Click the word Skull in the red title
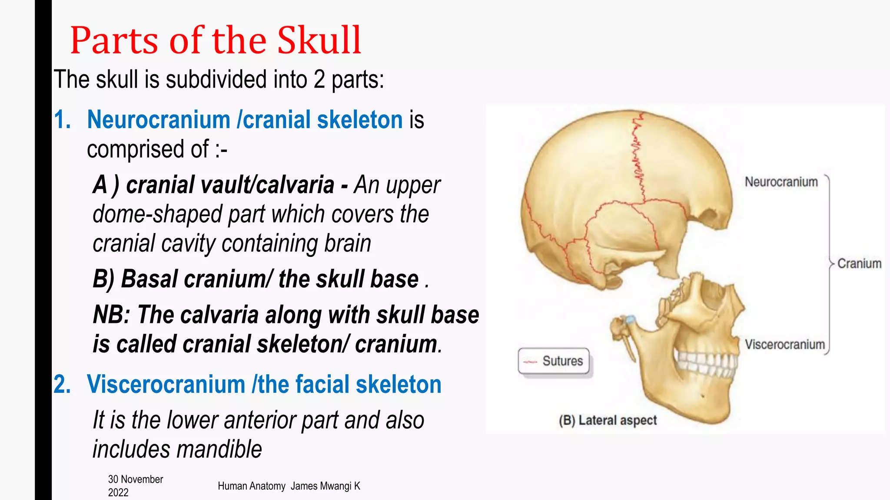tap(319, 40)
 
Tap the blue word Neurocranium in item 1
tap(159, 120)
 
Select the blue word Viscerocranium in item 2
tap(166, 385)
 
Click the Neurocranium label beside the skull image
tap(781, 182)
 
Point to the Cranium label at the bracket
tap(859, 263)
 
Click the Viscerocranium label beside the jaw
tap(784, 345)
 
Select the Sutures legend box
tap(554, 361)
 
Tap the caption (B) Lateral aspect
tap(608, 420)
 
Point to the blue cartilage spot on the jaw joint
tap(630, 320)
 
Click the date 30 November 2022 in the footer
tap(135, 486)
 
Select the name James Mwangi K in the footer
tap(325, 486)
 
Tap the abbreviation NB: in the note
tap(111, 315)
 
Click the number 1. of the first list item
tap(63, 120)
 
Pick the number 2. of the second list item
tap(63, 385)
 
